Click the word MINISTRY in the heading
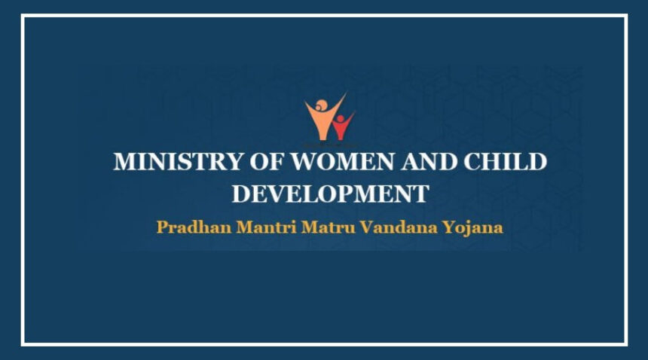178,161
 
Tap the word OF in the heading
267,161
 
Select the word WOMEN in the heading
343,161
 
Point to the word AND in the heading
429,161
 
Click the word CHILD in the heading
506,161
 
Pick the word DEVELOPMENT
330,194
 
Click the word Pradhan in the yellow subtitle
194,227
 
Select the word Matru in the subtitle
328,227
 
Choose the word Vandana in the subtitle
399,227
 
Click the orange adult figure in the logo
324,117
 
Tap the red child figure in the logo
342,126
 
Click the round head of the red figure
340,119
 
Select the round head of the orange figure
321,105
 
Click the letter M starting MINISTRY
125,161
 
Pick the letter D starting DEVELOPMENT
241,194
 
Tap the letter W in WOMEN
305,161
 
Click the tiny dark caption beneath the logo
331,145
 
